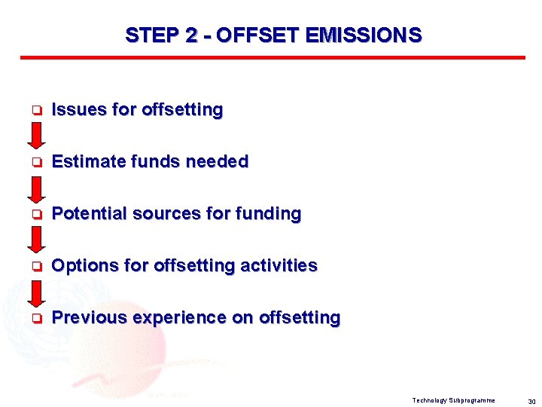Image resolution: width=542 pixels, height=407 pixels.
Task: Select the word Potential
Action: coord(89,214)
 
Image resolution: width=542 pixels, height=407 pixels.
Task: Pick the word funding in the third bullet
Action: coord(268,214)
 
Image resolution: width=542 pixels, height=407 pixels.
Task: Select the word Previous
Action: coord(89,318)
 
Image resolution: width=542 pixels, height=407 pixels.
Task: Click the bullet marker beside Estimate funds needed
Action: coord(35,163)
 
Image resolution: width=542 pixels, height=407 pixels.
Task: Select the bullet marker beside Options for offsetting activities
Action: coord(35,267)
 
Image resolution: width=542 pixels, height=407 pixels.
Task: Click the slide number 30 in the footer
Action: coord(531,400)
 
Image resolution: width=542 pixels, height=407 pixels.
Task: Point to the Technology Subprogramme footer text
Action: coord(453,399)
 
